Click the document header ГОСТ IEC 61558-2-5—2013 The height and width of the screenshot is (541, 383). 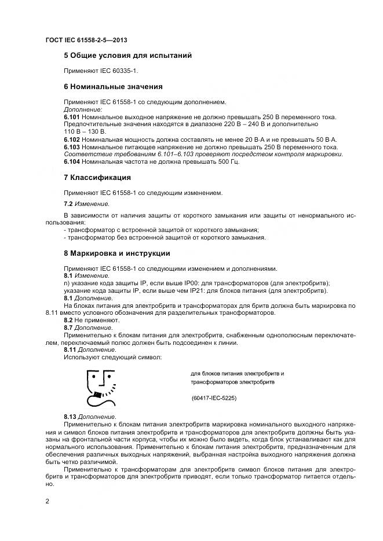click(86, 40)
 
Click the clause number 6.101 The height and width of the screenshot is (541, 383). click(72, 117)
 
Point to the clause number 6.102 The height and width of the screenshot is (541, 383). click(72, 139)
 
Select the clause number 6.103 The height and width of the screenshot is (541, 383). click(72, 147)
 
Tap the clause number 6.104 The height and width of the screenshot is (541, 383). click(72, 162)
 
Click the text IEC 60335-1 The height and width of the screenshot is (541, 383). click(119, 71)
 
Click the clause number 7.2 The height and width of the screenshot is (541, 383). click(68, 204)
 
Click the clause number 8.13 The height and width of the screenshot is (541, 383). click(70, 417)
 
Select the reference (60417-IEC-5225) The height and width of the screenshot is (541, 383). click(214, 399)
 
